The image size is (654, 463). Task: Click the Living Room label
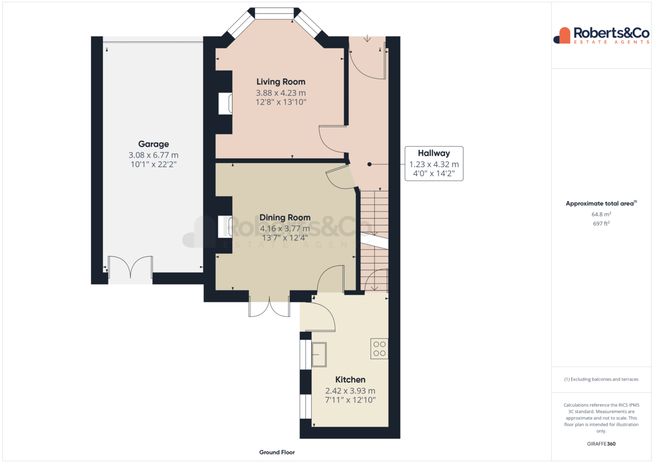tap(281, 82)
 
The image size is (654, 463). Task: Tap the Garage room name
tap(154, 144)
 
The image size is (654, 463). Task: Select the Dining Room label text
tap(285, 218)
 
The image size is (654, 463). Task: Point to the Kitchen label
tap(350, 380)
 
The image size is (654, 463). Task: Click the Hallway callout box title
tap(434, 153)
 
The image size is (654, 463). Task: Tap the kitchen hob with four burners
tap(379, 348)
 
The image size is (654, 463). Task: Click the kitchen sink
tap(319, 354)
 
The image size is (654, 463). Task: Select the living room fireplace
tap(226, 104)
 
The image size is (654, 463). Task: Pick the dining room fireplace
tap(225, 227)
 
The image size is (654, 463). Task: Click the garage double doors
tap(130, 267)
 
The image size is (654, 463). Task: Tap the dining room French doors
tap(269, 306)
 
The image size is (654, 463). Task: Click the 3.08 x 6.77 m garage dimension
tap(154, 155)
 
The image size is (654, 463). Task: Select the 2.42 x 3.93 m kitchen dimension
tap(350, 391)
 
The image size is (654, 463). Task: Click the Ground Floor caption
tap(277, 452)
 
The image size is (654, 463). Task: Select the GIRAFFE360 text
tap(601, 444)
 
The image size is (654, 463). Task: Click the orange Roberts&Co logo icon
tap(562, 35)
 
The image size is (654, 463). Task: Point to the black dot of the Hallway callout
tap(370, 165)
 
